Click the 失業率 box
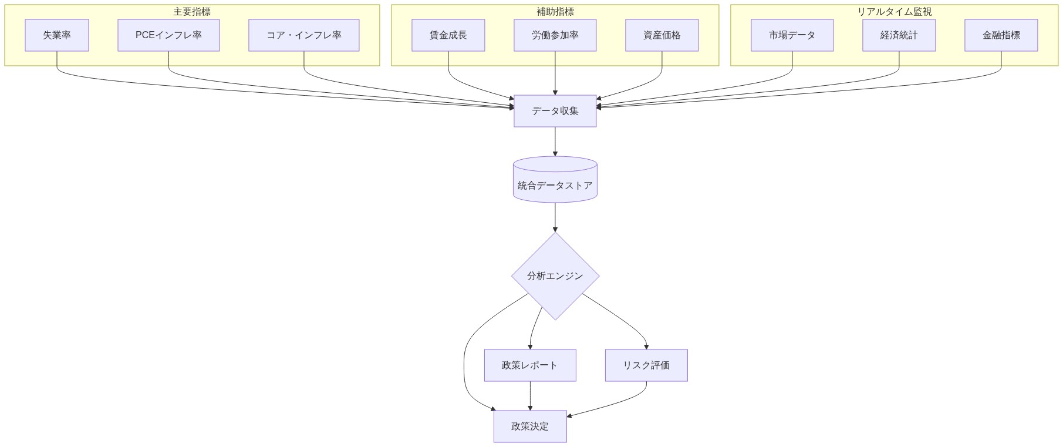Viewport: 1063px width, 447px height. coord(57,35)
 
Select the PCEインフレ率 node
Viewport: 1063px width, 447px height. coord(168,35)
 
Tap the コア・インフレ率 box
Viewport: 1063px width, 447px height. coord(303,35)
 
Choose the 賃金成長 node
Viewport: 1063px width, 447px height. coord(448,35)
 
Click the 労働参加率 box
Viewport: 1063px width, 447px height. coord(555,35)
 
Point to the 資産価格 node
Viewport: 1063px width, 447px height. coord(662,35)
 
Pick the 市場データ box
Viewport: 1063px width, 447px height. coord(792,35)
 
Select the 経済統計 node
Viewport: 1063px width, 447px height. coord(899,35)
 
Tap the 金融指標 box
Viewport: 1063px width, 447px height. coord(1001,35)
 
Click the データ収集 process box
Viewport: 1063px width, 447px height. coord(555,111)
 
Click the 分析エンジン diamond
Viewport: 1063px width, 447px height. coord(555,276)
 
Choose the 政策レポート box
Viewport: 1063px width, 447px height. coord(529,365)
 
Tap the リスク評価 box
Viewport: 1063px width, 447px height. coord(646,365)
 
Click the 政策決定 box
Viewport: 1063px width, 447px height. coord(529,426)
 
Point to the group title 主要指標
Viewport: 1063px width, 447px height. coord(192,12)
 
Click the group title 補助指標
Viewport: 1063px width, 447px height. coord(555,12)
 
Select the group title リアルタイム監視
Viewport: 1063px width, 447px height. coord(894,12)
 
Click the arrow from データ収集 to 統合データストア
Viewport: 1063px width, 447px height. coord(555,142)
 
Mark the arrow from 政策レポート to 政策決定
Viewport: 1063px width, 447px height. coord(530,396)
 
